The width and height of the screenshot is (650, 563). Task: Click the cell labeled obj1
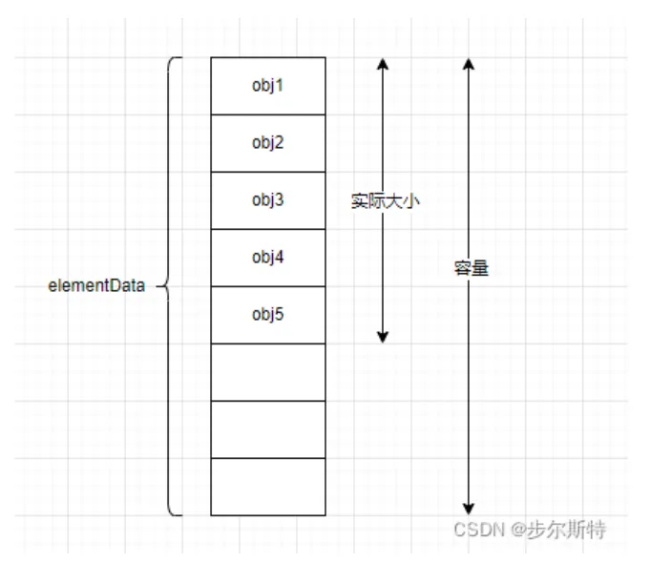[268, 86]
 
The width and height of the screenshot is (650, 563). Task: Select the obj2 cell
[268, 143]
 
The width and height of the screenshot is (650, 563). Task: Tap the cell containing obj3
[268, 200]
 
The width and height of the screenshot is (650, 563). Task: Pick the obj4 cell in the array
[268, 258]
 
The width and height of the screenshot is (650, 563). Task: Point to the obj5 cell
[268, 315]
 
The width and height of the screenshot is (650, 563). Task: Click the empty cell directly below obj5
[268, 372]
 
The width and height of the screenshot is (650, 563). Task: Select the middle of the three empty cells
[268, 429]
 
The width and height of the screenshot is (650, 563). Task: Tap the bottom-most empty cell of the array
[268, 487]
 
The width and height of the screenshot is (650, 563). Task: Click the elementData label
[96, 286]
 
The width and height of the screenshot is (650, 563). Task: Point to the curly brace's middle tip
[158, 285]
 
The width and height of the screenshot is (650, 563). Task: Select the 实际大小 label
[386, 201]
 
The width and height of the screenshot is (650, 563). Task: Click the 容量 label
[471, 269]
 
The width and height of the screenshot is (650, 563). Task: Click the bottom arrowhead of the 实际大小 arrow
[383, 336]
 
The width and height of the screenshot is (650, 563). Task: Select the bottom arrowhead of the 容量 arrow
[468, 508]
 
